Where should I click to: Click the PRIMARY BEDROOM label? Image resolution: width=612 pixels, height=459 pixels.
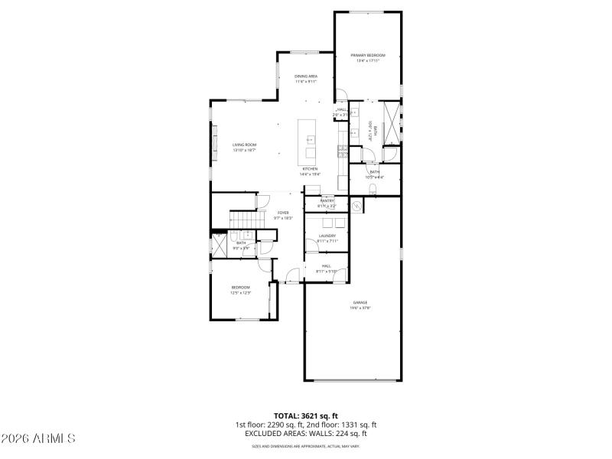(368, 56)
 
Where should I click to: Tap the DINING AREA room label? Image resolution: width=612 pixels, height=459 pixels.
(306, 76)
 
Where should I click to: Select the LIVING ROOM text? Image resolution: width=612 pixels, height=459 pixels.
(244, 145)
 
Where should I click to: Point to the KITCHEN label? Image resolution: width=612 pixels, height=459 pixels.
(310, 168)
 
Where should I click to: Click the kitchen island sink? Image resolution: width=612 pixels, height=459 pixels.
(311, 140)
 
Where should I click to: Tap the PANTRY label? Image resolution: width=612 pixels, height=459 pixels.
(327, 200)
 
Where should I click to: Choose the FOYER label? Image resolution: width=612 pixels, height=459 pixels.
(283, 213)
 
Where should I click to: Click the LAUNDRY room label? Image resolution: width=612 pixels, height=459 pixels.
(327, 236)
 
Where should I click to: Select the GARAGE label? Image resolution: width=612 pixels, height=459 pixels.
(360, 302)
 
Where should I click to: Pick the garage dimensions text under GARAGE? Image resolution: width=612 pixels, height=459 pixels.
(360, 308)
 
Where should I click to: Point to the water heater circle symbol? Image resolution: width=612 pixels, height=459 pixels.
(356, 205)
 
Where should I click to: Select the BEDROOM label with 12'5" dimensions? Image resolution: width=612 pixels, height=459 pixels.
(240, 287)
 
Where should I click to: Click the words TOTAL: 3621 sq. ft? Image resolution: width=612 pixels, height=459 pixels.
(306, 416)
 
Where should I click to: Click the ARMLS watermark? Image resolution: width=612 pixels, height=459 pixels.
(38, 438)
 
